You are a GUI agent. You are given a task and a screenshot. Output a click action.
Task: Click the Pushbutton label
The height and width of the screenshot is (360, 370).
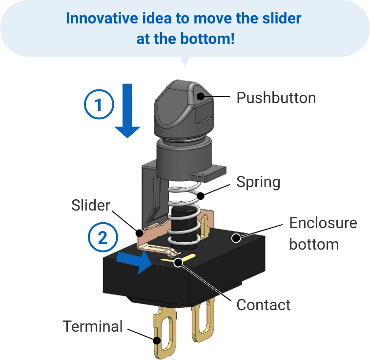click(x=276, y=98)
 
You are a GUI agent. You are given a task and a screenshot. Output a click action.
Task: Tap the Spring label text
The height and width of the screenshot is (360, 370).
click(x=258, y=182)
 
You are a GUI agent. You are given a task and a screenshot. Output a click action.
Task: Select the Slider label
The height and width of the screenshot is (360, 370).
click(x=91, y=205)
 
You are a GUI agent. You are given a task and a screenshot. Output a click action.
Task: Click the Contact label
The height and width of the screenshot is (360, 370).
click(x=264, y=305)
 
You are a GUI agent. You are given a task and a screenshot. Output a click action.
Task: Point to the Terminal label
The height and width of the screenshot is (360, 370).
click(x=93, y=326)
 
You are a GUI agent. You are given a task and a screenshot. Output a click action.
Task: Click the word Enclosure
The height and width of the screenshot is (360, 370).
click(x=323, y=223)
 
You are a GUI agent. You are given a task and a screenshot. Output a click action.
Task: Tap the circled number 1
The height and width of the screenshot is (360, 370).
click(x=99, y=105)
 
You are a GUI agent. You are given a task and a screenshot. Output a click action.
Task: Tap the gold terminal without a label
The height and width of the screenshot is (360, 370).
click(x=203, y=320)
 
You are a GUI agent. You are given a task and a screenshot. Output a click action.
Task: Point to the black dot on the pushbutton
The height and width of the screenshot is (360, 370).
click(x=200, y=97)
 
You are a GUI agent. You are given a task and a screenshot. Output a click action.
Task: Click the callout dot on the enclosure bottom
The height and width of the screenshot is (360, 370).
click(x=235, y=238)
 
